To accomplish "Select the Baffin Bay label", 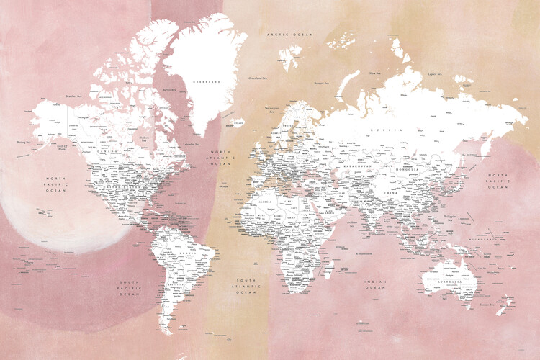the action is (x=170, y=90).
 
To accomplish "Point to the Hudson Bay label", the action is (x=144, y=139).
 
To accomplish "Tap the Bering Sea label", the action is (x=23, y=143).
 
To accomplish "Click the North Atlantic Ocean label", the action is (x=220, y=158).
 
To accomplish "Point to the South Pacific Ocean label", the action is (x=130, y=287).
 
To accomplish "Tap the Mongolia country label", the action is (x=407, y=170).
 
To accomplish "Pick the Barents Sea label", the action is (x=321, y=84).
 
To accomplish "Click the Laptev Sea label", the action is (x=433, y=73).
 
